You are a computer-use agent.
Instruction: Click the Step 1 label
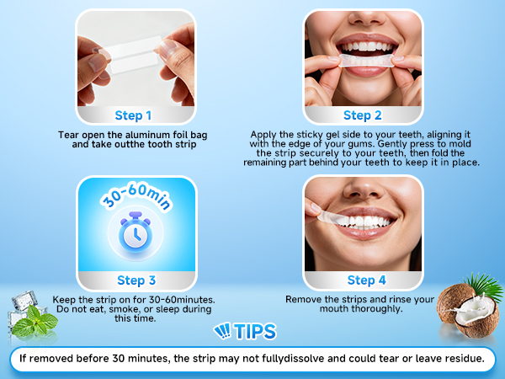coord(133,115)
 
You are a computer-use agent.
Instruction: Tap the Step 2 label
coord(362,115)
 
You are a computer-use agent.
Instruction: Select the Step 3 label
coord(136,280)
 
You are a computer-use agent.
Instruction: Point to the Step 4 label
coord(366,280)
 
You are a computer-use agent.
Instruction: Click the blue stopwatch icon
coord(136,232)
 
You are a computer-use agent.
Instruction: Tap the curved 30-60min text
coord(136,195)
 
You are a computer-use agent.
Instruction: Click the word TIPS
coord(255,331)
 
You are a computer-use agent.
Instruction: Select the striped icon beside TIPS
coord(222,331)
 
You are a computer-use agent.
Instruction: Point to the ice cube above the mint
coord(24,300)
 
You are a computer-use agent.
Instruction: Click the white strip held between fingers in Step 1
coord(133,54)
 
